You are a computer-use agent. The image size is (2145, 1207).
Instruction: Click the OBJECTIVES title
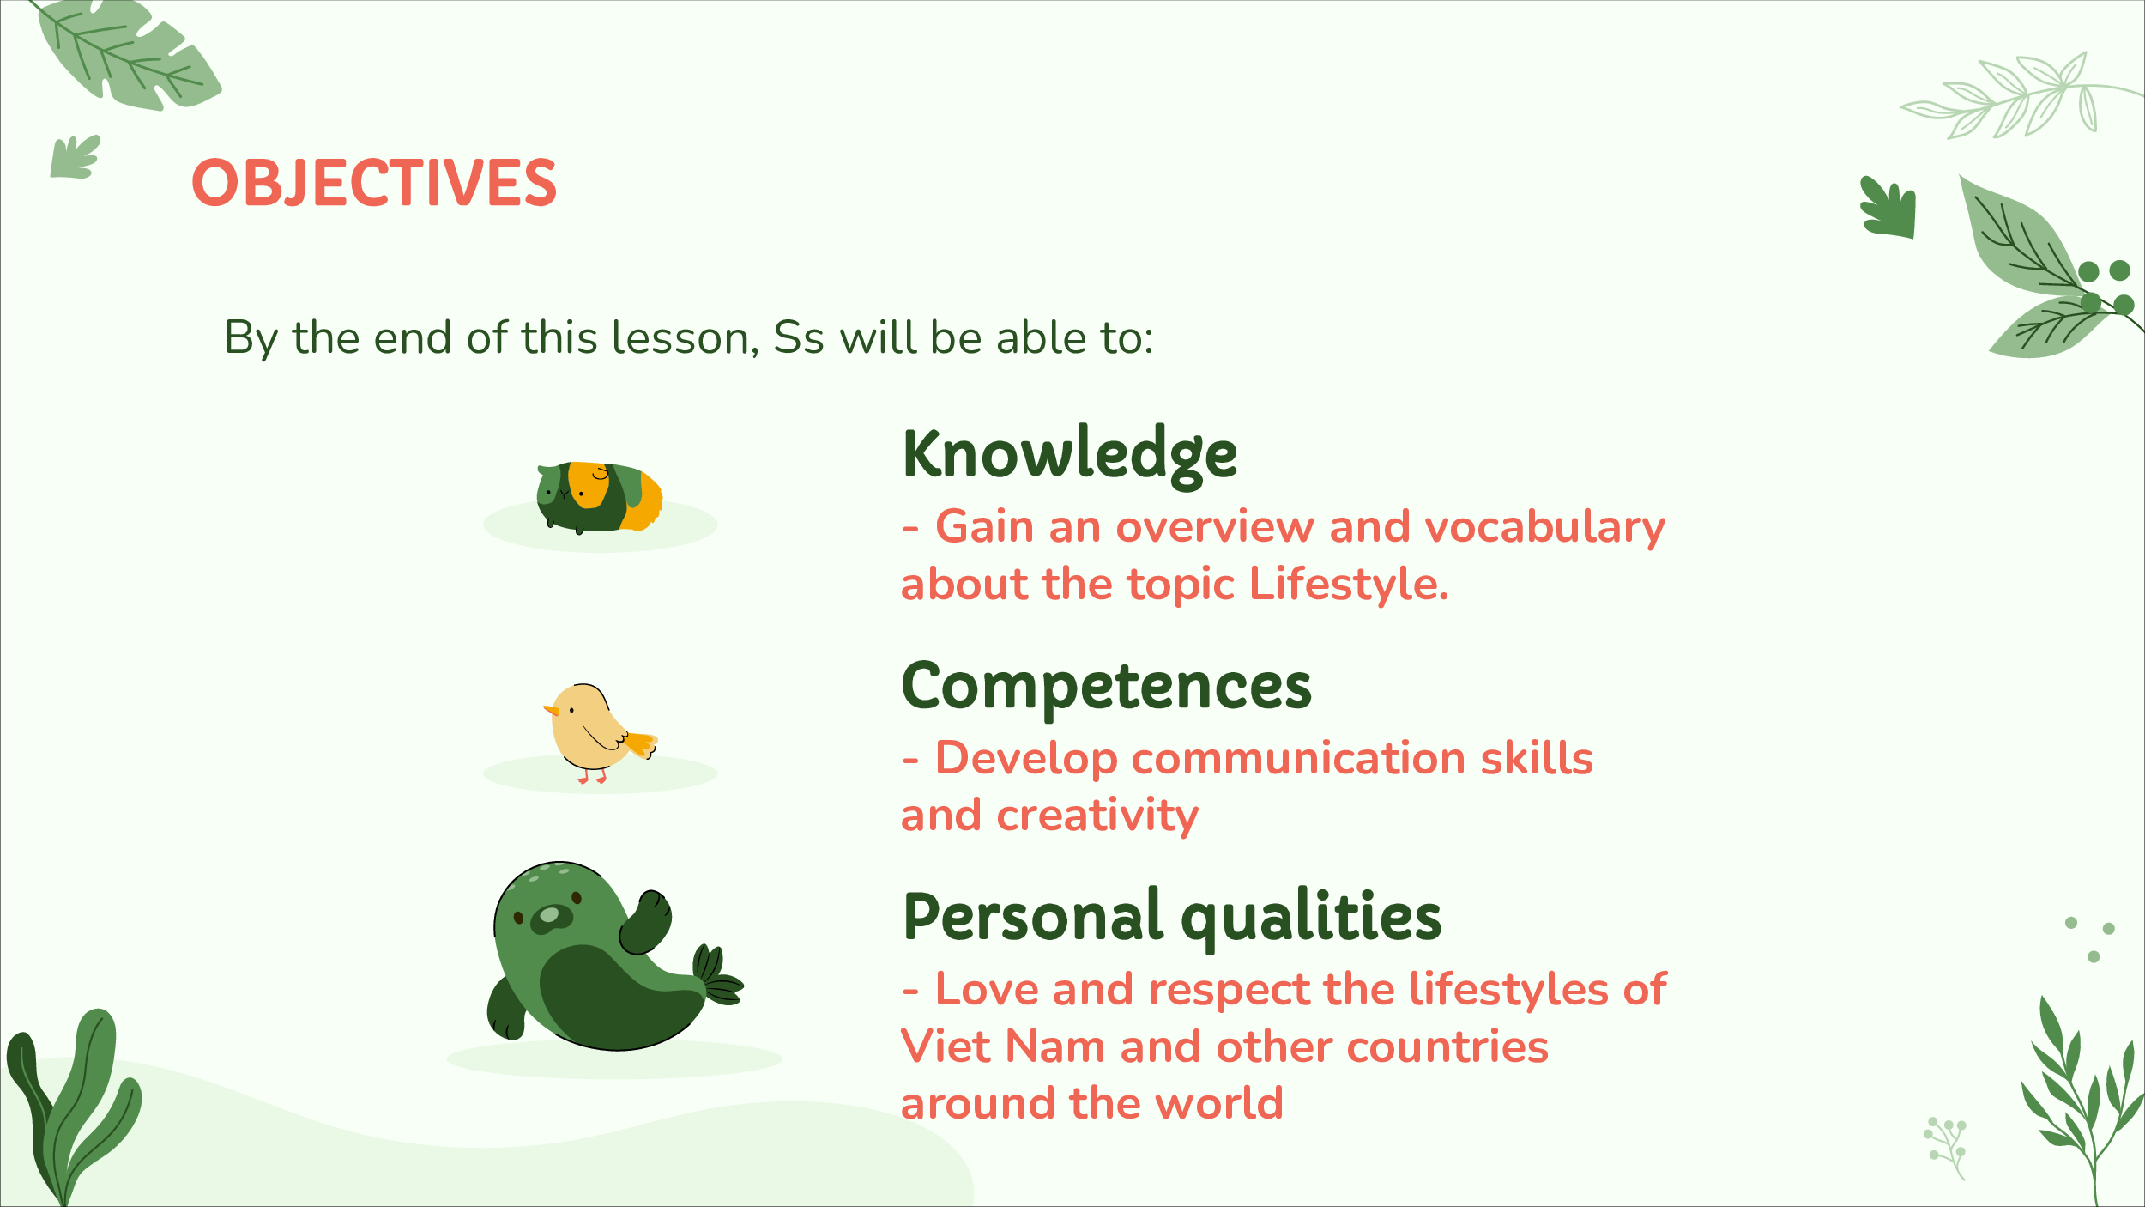pyautogui.click(x=374, y=183)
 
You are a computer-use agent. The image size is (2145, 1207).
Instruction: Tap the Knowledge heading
pyautogui.click(x=1070, y=455)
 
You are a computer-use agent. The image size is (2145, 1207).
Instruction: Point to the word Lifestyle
pyautogui.click(x=1349, y=585)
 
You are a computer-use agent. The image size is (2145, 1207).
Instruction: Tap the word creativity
pyautogui.click(x=1097, y=816)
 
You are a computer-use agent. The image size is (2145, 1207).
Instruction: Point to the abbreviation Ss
pyautogui.click(x=799, y=337)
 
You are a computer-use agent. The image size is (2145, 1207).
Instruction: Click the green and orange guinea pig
pyautogui.click(x=599, y=497)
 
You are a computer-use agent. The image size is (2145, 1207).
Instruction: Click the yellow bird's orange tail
pyautogui.click(x=641, y=743)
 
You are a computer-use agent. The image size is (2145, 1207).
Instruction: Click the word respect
pyautogui.click(x=1229, y=990)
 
